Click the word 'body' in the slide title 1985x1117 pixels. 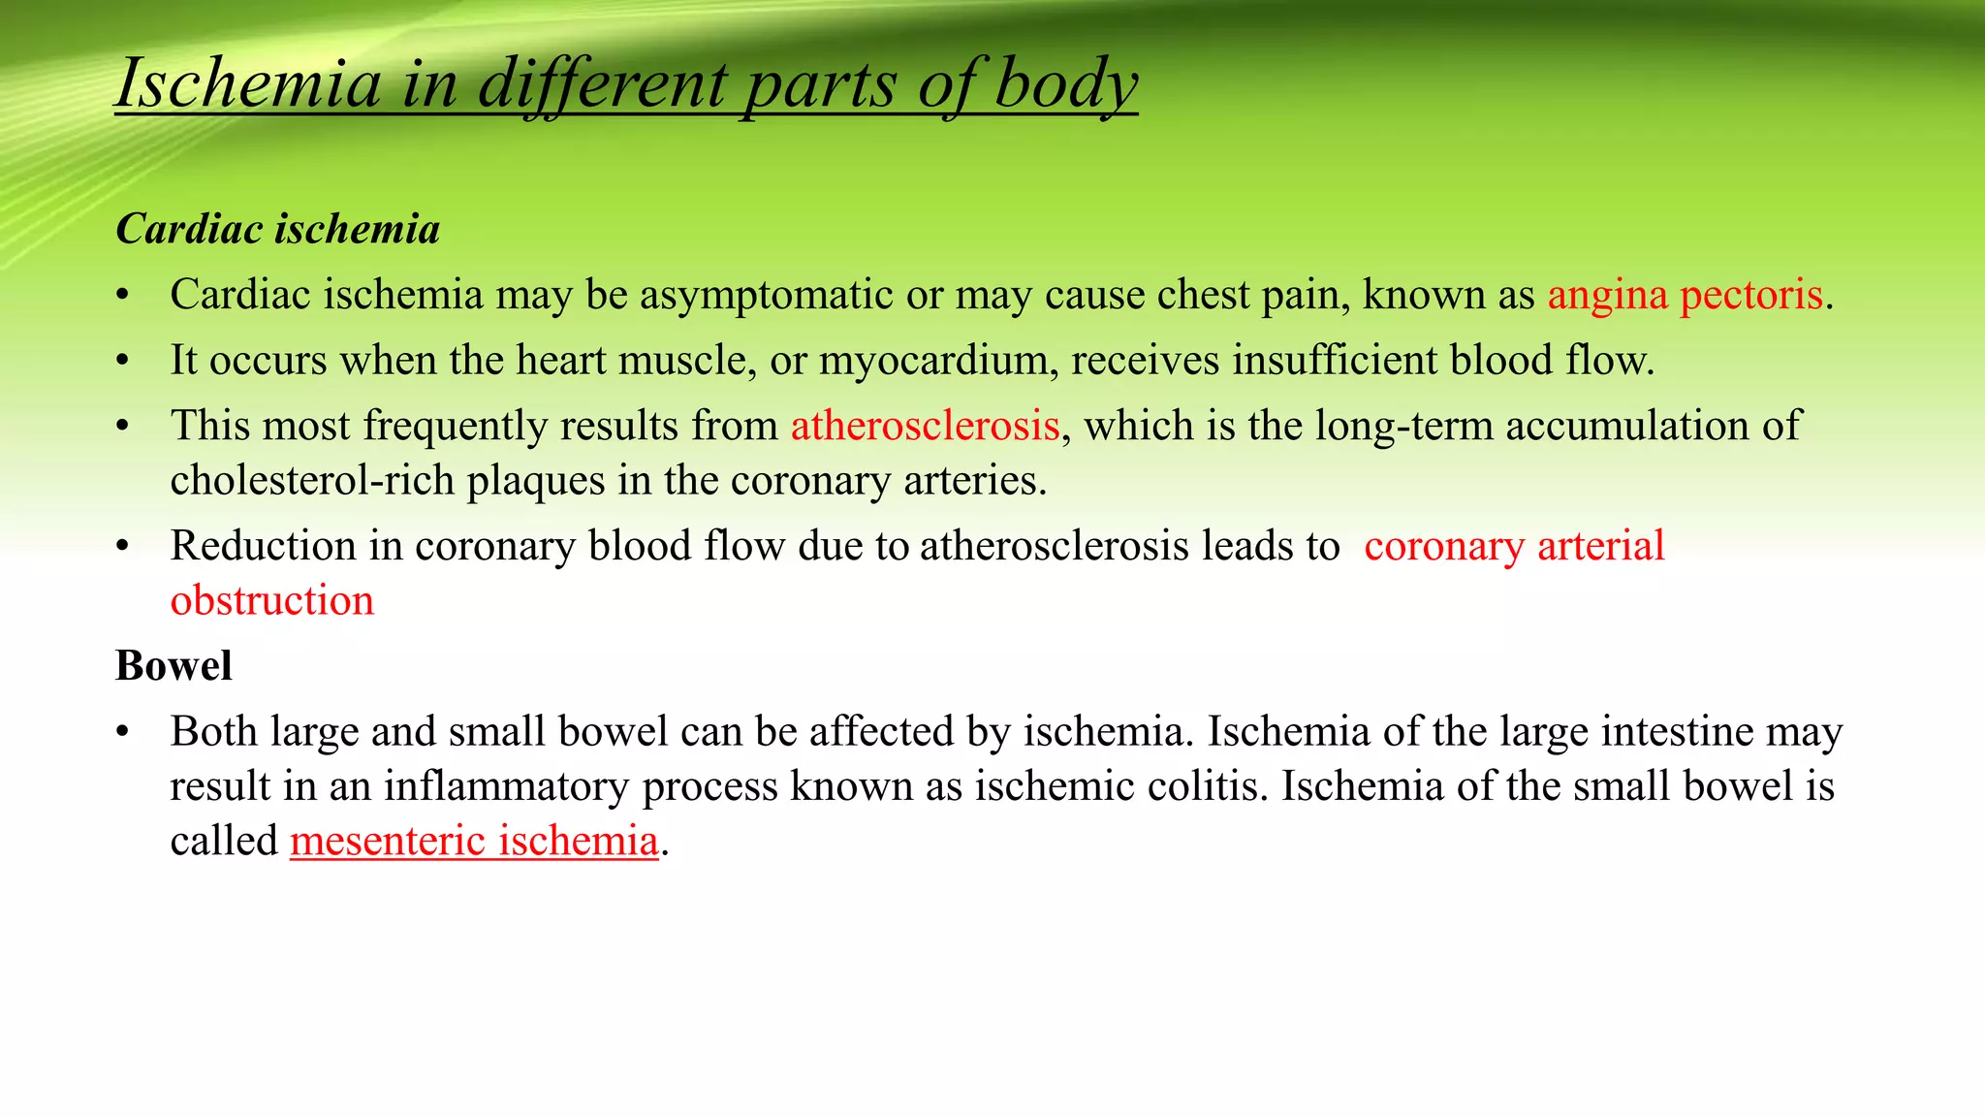(x=1065, y=85)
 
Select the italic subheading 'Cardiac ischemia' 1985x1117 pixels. (x=278, y=230)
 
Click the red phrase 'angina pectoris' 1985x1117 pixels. (x=1685, y=295)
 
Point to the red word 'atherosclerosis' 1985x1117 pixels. (x=925, y=426)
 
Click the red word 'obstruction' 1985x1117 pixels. (x=272, y=601)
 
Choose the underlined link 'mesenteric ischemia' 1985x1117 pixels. (x=474, y=841)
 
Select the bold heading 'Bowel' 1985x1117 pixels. (x=174, y=666)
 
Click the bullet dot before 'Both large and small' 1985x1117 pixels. (x=122, y=732)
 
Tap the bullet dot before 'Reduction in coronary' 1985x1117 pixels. (x=122, y=547)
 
